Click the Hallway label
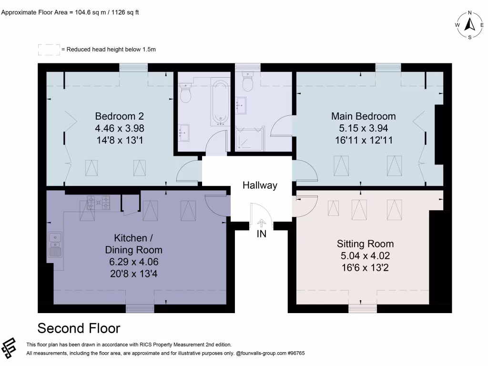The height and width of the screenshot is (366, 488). (260, 185)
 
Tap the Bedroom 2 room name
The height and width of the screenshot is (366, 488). (119, 116)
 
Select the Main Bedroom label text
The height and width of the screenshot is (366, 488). (364, 116)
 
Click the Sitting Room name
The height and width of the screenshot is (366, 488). (365, 244)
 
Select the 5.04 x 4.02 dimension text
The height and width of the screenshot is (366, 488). (365, 255)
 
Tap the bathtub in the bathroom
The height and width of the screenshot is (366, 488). (220, 101)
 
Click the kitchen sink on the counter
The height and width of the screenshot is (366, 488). (54, 244)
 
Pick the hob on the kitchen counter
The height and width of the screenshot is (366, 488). (98, 202)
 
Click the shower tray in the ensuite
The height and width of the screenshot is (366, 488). (249, 138)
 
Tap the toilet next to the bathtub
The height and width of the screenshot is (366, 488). (185, 93)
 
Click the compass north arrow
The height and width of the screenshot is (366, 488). (469, 24)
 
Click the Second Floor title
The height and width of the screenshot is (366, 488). (79, 328)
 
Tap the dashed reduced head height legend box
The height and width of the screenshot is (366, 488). (49, 50)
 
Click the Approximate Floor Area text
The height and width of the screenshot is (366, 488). (70, 13)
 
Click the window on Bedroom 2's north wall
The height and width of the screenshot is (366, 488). (133, 68)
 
